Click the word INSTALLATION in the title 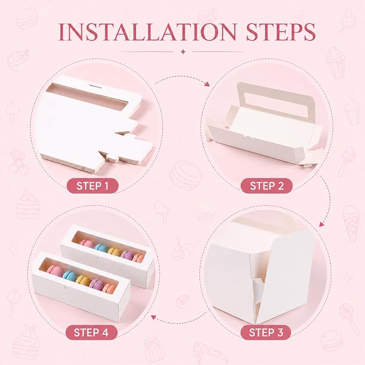pyautogui.click(x=147, y=32)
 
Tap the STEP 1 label pyautogui.click(x=92, y=186)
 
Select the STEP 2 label pyautogui.click(x=267, y=186)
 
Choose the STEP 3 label pyautogui.click(x=266, y=332)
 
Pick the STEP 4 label pyautogui.click(x=91, y=332)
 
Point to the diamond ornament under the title pyautogui.click(x=183, y=52)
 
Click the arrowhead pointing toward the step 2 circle pyautogui.click(x=207, y=84)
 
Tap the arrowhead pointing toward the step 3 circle pyautogui.click(x=321, y=224)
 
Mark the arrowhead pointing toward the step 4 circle pyautogui.click(x=154, y=317)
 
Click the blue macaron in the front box pyautogui.click(x=69, y=275)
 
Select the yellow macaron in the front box pyautogui.click(x=83, y=281)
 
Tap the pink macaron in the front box pyautogui.click(x=55, y=270)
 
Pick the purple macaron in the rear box pyautogui.click(x=127, y=255)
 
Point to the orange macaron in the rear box pyautogui.click(x=139, y=257)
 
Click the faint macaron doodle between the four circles pyautogui.click(x=186, y=175)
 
